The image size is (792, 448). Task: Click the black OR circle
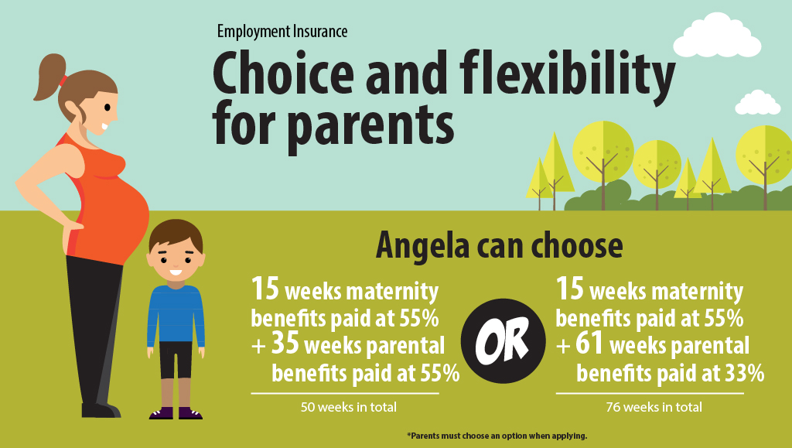pos(503,341)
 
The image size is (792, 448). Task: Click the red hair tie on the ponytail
pos(63,80)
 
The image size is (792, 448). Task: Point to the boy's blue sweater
pos(176,316)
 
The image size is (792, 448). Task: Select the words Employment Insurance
pos(282,31)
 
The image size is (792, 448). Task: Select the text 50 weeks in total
pos(349,407)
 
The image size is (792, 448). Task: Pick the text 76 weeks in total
pos(654,407)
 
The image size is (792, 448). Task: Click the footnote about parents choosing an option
pos(497,436)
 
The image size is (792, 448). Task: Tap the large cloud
pos(717,36)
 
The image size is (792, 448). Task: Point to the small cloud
pos(758,103)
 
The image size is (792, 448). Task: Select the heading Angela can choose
pos(499,245)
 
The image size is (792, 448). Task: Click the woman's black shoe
pos(101,410)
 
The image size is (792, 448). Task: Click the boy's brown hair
pos(176,234)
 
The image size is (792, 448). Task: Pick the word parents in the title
pos(370,125)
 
